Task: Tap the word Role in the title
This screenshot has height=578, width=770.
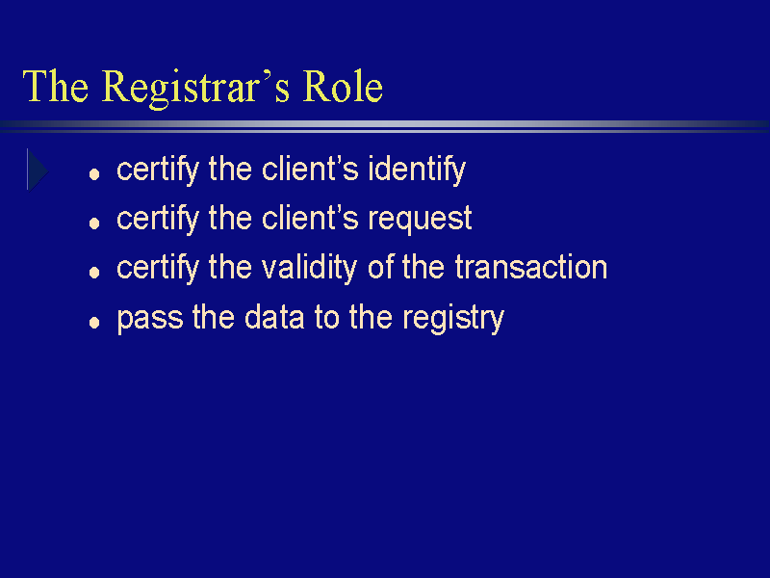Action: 343,86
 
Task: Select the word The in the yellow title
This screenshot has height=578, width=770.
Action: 56,86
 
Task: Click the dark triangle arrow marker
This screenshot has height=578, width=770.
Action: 38,171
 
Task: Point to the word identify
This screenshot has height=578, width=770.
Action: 417,171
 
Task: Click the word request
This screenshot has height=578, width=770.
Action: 420,220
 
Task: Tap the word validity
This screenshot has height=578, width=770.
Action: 309,268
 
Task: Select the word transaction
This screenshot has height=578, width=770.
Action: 531,268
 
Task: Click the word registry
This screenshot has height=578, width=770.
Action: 453,319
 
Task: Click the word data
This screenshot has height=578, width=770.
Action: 274,317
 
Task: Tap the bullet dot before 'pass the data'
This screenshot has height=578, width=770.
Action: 94,323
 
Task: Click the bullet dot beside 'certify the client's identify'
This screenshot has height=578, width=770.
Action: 94,174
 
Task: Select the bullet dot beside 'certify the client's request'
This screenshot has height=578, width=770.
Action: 94,223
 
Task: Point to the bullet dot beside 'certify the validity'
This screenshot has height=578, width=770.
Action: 94,273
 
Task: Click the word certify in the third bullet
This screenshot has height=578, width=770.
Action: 158,269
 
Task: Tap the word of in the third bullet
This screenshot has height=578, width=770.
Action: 381,267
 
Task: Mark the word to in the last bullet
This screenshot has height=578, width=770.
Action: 327,318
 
